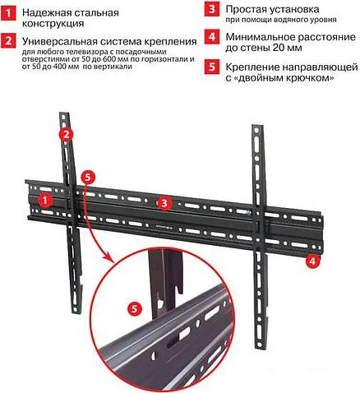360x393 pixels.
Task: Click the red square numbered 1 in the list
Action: pyautogui.click(x=8, y=14)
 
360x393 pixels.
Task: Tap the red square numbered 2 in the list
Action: pyautogui.click(x=8, y=40)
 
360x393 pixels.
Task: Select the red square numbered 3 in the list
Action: pyautogui.click(x=211, y=10)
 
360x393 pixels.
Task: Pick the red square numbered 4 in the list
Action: pyautogui.click(x=211, y=37)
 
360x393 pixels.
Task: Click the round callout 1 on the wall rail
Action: pyautogui.click(x=47, y=197)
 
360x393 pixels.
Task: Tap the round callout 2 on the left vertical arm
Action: pyautogui.click(x=68, y=134)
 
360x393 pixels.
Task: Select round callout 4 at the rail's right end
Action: pyautogui.click(x=313, y=262)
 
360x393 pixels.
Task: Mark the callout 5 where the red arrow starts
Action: pyautogui.click(x=90, y=176)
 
